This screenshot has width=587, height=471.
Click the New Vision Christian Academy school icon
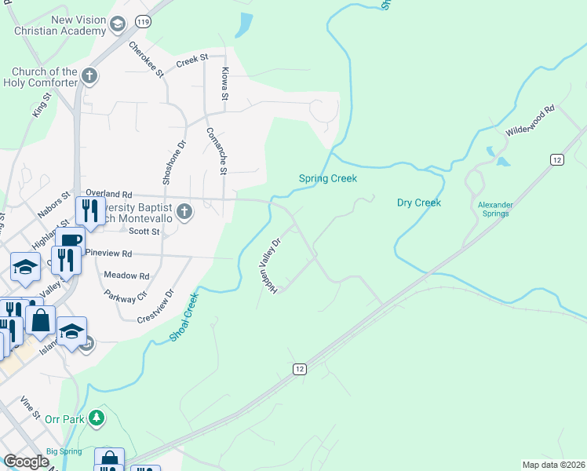coord(118,24)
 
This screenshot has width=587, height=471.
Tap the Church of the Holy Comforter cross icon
coord(89,76)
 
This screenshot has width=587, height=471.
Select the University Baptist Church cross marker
coord(184,211)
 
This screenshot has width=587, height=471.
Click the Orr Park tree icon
coord(97,418)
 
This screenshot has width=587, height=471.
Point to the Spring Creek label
coord(328,178)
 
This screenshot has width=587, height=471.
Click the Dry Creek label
coord(418,203)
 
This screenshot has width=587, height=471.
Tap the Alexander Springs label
coord(495,209)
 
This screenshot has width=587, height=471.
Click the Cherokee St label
coord(147,59)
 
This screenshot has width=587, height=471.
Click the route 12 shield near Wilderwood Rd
coord(557,159)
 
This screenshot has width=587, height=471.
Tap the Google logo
coord(26,462)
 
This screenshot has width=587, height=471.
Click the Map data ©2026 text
coord(553,465)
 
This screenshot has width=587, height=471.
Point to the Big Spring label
coord(64,451)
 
